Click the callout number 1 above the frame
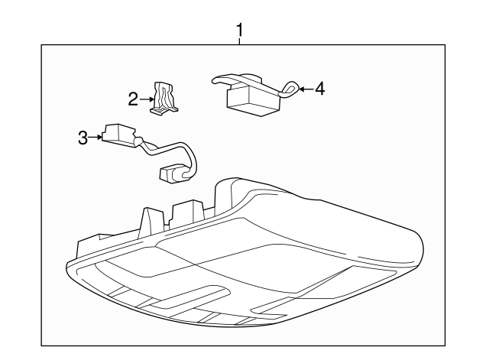coord(240,31)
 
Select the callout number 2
coord(133,98)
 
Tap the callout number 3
coord(83,138)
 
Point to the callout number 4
coord(319,89)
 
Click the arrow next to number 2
coord(147,98)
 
